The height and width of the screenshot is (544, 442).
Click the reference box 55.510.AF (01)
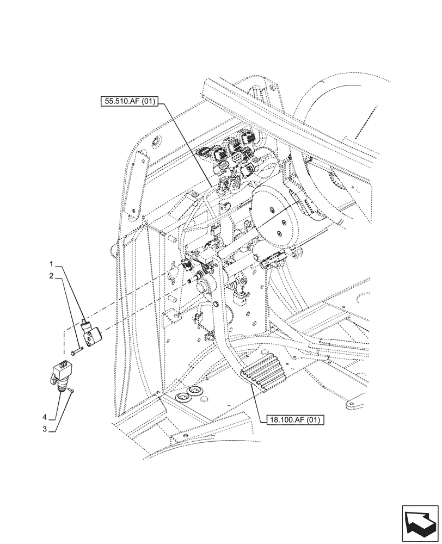click(128, 101)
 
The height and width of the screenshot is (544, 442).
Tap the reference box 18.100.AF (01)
click(295, 420)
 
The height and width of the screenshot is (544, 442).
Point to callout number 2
click(52, 276)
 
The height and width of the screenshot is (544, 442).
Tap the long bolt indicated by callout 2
click(75, 350)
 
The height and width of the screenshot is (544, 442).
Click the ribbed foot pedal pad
click(264, 372)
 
